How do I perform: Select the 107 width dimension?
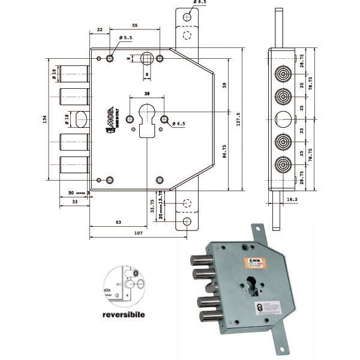[x=139, y=232]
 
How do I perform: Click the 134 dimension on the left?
[x=44, y=121]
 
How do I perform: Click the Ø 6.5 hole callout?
[x=180, y=124]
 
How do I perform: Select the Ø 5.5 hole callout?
[x=125, y=38]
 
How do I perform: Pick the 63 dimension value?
[x=118, y=223]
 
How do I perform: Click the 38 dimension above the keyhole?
[x=146, y=94]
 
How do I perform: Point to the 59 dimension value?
[x=224, y=85]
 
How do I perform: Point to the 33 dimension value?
[x=74, y=202]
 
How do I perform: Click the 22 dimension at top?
[x=100, y=29]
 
